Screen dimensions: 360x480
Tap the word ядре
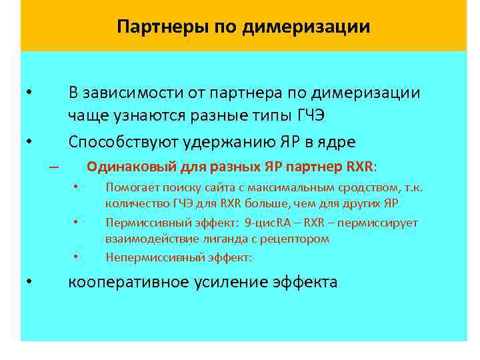point(337,142)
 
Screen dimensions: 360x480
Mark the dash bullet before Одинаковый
point(54,167)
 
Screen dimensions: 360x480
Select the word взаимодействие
point(146,238)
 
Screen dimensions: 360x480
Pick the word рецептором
point(298,238)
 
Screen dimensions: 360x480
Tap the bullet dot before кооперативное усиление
point(29,282)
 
